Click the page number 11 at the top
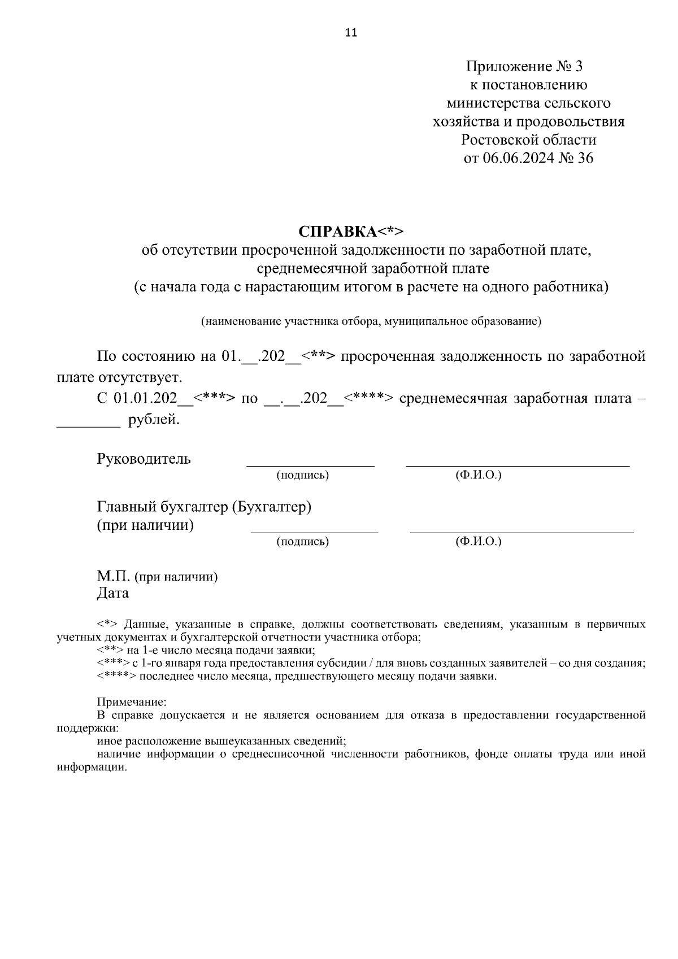click(351, 33)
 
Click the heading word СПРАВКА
click(337, 232)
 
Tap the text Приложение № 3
click(524, 67)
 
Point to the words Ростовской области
click(528, 140)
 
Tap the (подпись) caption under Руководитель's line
click(302, 476)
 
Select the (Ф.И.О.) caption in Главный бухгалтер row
click(478, 542)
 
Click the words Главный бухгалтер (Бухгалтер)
click(204, 507)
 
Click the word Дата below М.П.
click(112, 594)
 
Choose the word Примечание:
click(132, 703)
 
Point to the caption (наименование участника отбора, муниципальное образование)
click(371, 322)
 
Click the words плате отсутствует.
click(120, 377)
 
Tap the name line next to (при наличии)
click(521, 531)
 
